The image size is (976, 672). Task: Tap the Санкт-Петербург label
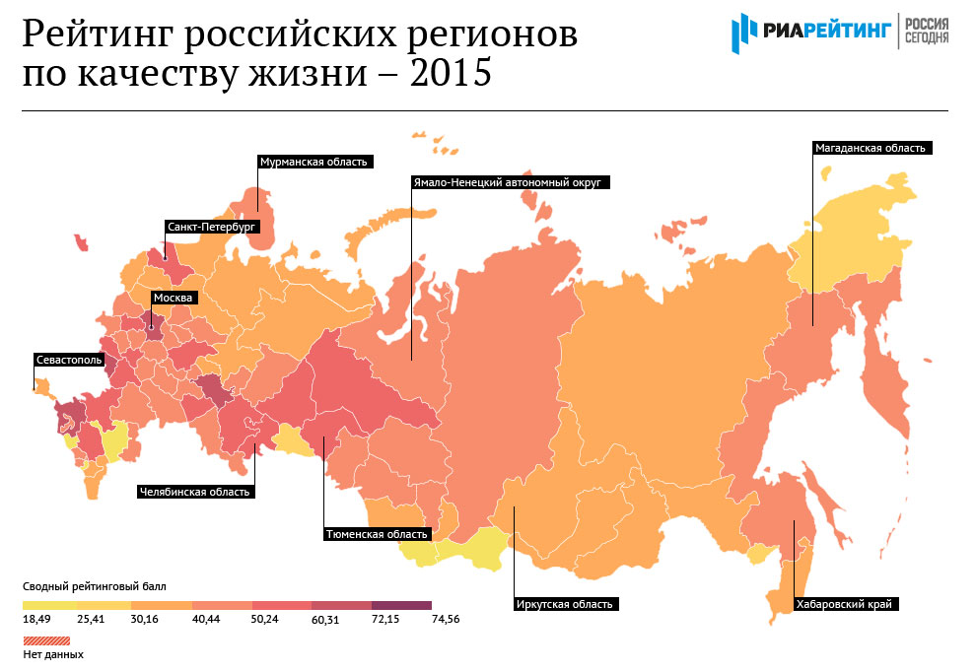click(212, 227)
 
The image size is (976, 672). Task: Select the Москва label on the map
click(174, 297)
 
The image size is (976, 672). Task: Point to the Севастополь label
click(68, 360)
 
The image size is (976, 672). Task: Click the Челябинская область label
click(194, 491)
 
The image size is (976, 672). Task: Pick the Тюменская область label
click(378, 534)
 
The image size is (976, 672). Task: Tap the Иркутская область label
click(565, 604)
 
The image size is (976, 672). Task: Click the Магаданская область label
click(870, 149)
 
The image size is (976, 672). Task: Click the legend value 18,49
click(36, 619)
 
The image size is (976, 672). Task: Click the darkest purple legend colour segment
click(401, 604)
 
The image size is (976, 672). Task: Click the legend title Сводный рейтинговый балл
click(95, 585)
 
